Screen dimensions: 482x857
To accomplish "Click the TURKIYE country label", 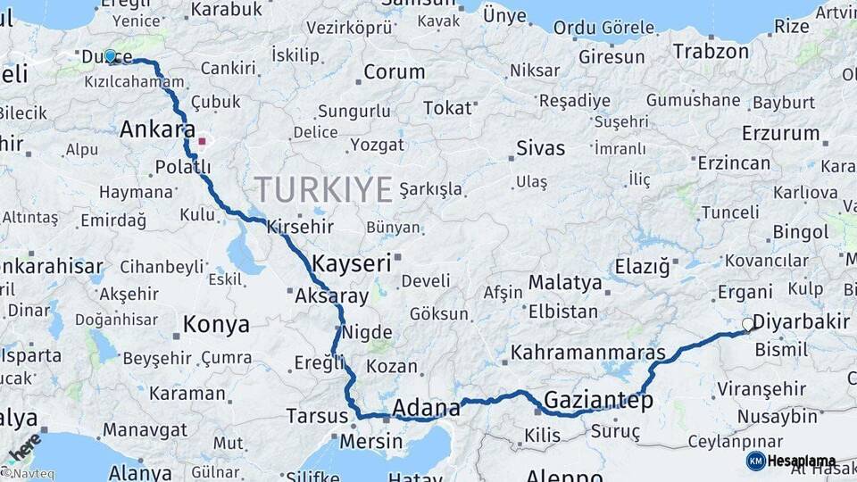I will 323,190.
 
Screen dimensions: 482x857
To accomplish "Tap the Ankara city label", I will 157,129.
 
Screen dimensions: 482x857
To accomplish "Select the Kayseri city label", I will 352,263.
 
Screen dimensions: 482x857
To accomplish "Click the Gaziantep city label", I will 598,401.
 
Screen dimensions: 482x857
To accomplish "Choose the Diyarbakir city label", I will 799,321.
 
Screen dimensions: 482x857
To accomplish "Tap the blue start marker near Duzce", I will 111,56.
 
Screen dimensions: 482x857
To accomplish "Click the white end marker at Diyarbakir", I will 748,325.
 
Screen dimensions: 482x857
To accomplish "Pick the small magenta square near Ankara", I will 203,141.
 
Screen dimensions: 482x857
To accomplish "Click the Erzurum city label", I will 780,134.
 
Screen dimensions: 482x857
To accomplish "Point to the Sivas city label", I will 540,148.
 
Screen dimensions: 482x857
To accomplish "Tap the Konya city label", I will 216,325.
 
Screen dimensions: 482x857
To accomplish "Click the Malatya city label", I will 565,283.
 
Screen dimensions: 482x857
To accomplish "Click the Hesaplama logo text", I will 802,461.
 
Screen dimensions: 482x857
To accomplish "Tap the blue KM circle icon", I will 755,461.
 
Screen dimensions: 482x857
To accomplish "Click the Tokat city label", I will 447,108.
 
